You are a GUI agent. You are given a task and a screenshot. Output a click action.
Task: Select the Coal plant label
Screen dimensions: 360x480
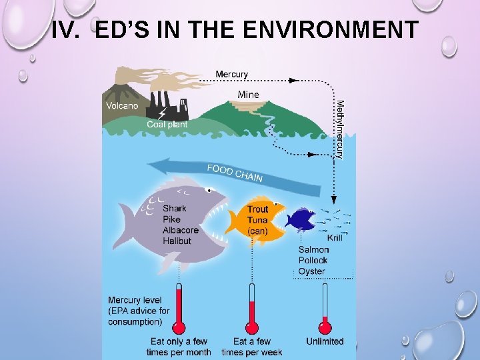pyautogui.click(x=167, y=124)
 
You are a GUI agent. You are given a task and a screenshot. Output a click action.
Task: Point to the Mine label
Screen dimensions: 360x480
pyautogui.click(x=248, y=95)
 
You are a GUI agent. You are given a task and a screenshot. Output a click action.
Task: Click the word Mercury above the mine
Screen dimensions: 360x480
pyautogui.click(x=231, y=74)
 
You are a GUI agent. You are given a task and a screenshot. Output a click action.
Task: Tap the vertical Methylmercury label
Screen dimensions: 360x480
pyautogui.click(x=339, y=129)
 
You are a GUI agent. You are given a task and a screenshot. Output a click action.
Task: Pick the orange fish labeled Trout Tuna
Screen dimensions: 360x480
pyautogui.click(x=255, y=218)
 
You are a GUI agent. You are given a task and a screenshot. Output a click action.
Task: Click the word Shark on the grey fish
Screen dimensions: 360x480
pyautogui.click(x=175, y=209)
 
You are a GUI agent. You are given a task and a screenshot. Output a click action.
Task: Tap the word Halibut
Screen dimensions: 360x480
pyautogui.click(x=177, y=241)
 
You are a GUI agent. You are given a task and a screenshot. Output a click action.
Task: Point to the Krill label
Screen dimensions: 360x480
pyautogui.click(x=335, y=237)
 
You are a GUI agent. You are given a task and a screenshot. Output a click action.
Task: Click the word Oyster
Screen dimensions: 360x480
pyautogui.click(x=311, y=271)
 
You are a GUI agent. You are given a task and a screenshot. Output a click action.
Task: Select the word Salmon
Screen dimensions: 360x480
pyautogui.click(x=313, y=250)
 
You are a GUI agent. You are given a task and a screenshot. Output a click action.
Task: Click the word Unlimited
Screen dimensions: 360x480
pyautogui.click(x=325, y=341)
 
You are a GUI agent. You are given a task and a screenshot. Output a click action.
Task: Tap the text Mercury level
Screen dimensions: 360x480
pyautogui.click(x=135, y=300)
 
